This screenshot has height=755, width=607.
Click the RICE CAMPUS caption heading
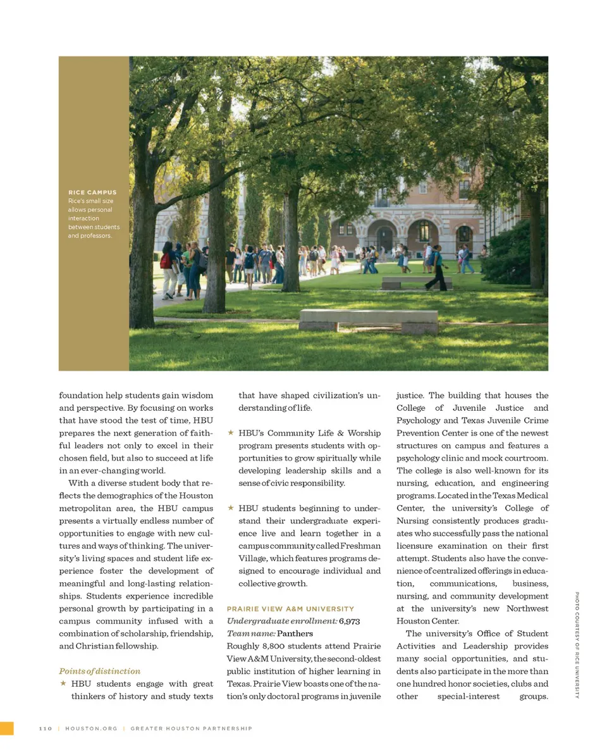pos(92,192)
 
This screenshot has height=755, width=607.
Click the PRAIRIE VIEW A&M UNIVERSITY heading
pos(290,609)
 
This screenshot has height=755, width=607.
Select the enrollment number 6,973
pos(350,621)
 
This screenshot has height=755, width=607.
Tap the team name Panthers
pos(295,633)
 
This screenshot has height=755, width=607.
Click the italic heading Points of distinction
pos(100,671)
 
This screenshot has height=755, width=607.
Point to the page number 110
pos(45,728)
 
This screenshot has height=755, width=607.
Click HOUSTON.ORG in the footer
pos(92,728)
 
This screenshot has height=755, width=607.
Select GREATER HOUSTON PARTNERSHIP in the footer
pos(191,728)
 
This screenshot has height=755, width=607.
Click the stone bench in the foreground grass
pos(369,319)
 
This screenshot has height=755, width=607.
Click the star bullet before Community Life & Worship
pos(231,434)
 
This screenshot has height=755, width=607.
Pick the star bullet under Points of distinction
pos(63,683)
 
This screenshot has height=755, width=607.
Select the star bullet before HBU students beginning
pos(231,508)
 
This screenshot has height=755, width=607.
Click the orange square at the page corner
pos(6,728)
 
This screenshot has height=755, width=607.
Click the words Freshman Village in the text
pos(360,546)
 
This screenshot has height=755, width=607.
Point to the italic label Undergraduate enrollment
pos(281,621)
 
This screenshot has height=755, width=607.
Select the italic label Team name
pos(251,633)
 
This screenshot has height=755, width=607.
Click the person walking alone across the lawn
pos(436,269)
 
